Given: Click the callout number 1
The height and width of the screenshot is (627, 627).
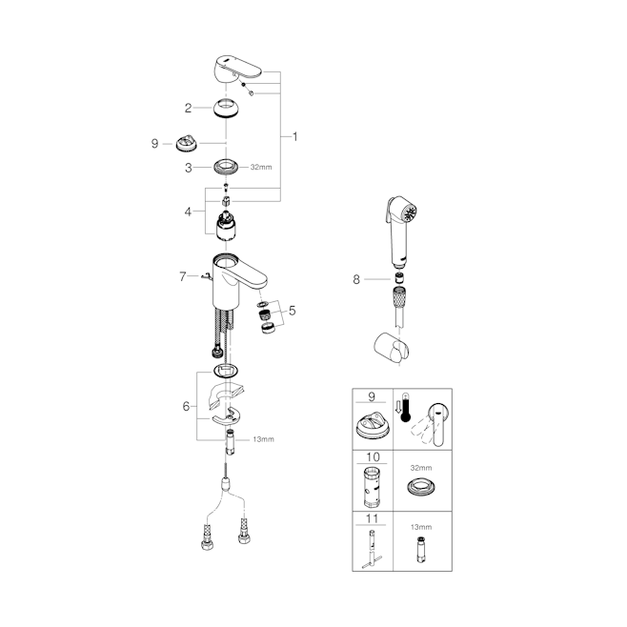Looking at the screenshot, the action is pyautogui.click(x=295, y=137).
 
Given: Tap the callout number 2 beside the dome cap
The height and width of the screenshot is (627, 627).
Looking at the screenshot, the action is pyautogui.click(x=188, y=108).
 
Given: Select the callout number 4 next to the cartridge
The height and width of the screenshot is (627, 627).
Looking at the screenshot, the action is pyautogui.click(x=188, y=212).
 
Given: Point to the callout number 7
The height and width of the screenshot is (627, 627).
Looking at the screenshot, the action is pyautogui.click(x=183, y=276).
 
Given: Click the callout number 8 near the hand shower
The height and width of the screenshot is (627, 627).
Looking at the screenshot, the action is pyautogui.click(x=356, y=279).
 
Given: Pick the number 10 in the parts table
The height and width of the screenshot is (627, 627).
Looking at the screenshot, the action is pyautogui.click(x=373, y=456).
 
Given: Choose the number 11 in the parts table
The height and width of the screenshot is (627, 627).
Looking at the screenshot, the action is pyautogui.click(x=372, y=518).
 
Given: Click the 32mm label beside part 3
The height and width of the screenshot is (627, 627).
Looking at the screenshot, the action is pyautogui.click(x=261, y=167).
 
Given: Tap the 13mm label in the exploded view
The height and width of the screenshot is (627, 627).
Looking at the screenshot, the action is pyautogui.click(x=264, y=439).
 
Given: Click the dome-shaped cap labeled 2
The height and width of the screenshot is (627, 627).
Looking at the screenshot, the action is pyautogui.click(x=227, y=108).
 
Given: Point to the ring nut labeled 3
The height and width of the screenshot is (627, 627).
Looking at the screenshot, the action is pyautogui.click(x=227, y=167).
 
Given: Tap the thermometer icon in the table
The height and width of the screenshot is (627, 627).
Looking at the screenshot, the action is pyautogui.click(x=406, y=407).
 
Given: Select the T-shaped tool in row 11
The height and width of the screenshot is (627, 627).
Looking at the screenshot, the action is pyautogui.click(x=373, y=549).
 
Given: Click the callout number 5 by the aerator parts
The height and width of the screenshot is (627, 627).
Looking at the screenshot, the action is pyautogui.click(x=293, y=311).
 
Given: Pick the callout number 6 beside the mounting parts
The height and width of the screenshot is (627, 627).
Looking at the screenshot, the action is pyautogui.click(x=186, y=406).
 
